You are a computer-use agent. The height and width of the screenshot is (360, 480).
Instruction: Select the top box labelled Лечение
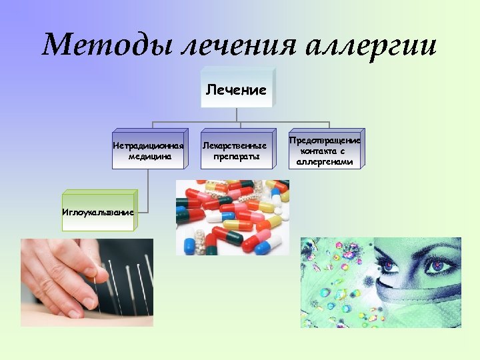236,89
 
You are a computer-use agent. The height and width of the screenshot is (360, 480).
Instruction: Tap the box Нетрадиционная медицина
148,151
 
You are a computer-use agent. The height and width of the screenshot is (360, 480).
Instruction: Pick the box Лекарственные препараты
238,151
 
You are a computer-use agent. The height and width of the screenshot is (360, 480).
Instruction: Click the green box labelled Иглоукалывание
97,211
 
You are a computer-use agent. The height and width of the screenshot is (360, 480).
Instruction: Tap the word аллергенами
325,162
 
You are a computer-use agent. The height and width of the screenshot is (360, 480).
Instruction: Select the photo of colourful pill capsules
233,217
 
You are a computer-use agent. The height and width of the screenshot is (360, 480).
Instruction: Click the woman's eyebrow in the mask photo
437,251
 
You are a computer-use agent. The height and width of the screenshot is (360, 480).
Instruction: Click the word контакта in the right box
325,151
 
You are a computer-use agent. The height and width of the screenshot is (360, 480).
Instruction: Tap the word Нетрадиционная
148,145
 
